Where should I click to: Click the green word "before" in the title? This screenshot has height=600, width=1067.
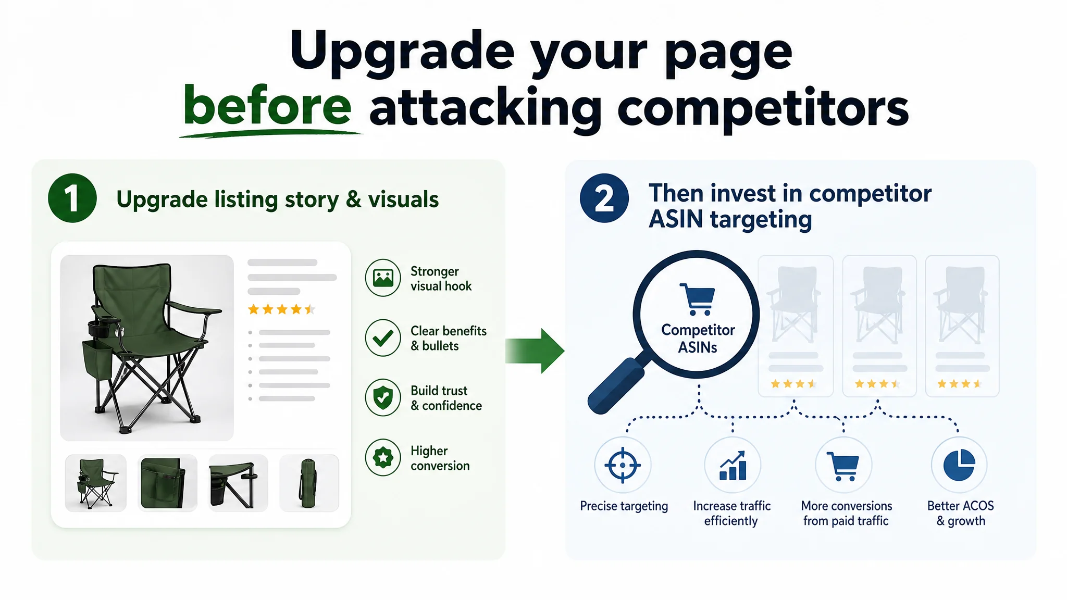(267, 105)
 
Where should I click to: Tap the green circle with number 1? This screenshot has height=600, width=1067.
(72, 198)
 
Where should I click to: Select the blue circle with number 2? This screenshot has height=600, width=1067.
(604, 198)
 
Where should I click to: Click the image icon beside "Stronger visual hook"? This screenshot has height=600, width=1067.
(383, 278)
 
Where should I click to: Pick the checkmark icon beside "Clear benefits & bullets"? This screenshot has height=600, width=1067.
(383, 337)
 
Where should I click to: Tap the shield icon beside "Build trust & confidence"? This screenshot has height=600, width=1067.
(383, 397)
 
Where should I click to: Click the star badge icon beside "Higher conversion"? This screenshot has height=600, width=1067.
(383, 457)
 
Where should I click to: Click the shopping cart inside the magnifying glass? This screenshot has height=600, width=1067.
(697, 299)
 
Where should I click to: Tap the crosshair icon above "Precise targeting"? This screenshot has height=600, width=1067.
(623, 465)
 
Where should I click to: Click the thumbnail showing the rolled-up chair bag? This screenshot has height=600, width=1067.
(309, 483)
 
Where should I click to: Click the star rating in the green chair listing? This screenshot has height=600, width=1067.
(282, 309)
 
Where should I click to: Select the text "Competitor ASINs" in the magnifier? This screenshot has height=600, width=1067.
(698, 339)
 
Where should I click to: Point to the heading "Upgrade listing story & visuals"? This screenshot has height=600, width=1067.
(277, 199)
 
